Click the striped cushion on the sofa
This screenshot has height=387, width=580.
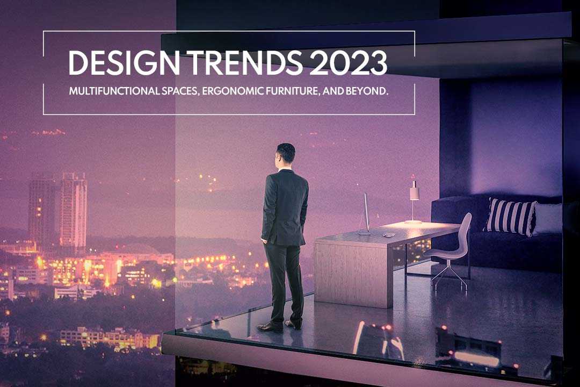(x=510, y=216)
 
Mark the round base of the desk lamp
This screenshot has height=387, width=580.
(x=413, y=221)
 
